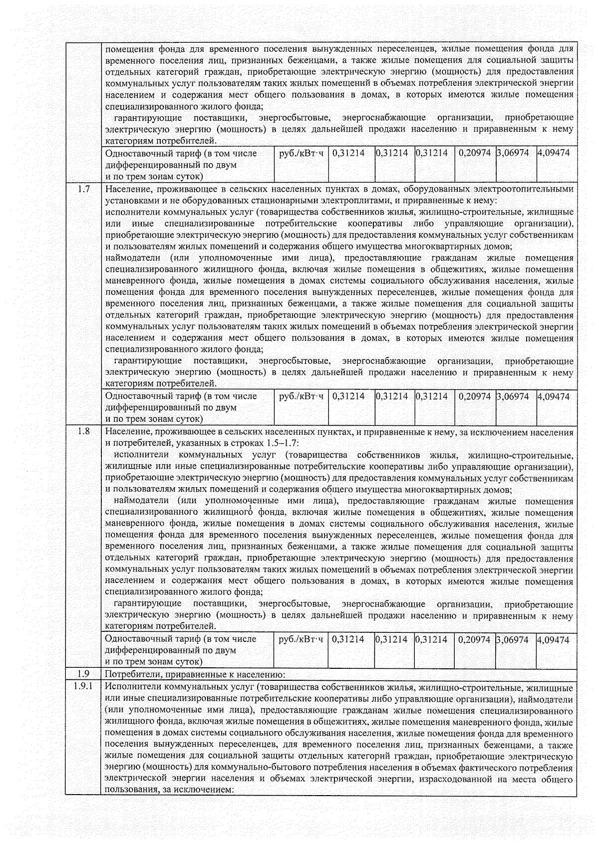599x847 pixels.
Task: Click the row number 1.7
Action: [x=84, y=189]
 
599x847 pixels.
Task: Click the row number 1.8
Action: [x=84, y=432]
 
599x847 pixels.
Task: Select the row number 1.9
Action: [x=84, y=674]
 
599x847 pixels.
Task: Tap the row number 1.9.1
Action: [x=84, y=687]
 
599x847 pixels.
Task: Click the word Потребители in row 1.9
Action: [x=130, y=675]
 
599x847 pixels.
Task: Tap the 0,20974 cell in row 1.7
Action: [x=475, y=396]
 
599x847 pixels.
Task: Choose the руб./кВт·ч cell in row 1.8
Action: [x=300, y=639]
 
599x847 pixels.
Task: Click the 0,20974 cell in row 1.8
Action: [x=475, y=639]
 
